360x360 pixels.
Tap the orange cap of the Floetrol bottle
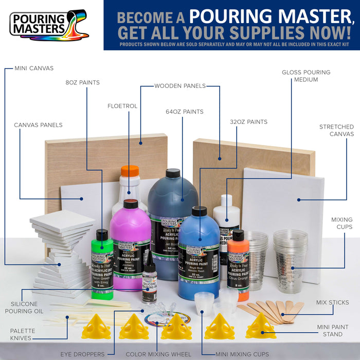(x=130, y=171)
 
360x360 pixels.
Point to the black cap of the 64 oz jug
(x=172, y=173)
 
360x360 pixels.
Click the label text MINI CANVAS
(x=34, y=68)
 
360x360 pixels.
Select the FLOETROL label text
(x=122, y=106)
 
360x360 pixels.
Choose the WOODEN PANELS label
(x=180, y=86)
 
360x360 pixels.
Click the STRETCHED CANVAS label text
(x=336, y=130)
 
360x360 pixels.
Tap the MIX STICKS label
(x=332, y=302)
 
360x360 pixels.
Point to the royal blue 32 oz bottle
(x=198, y=257)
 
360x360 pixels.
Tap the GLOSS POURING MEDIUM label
(x=306, y=76)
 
